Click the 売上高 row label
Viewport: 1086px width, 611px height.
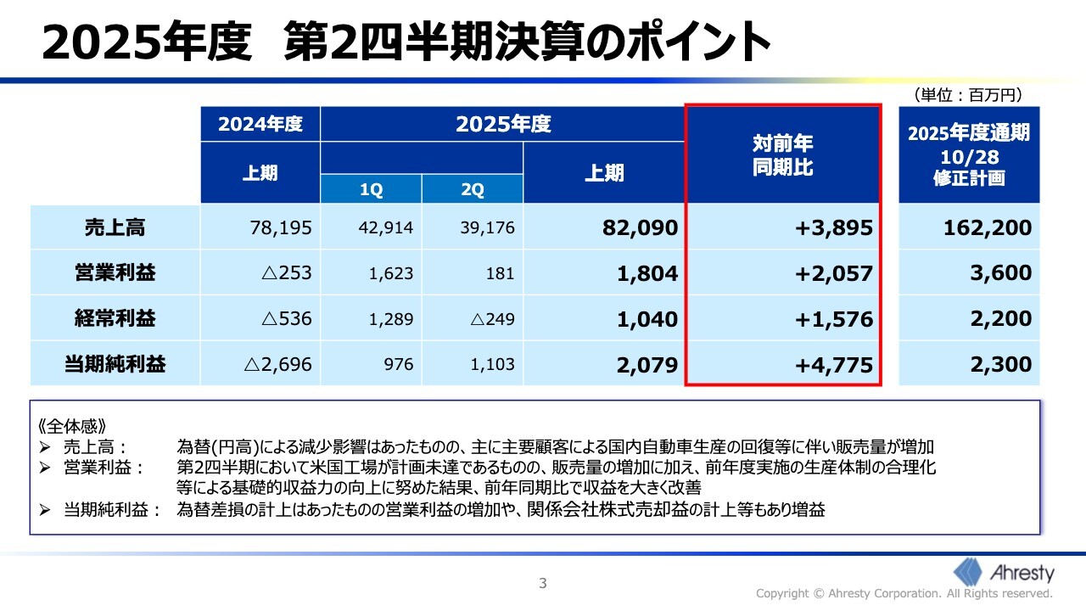(115, 227)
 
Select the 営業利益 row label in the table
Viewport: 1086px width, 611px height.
(115, 273)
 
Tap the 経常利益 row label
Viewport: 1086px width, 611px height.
(115, 319)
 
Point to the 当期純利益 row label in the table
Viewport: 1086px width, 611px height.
(115, 365)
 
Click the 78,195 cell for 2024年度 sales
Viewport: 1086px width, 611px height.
(281, 227)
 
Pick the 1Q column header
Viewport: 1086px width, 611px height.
(371, 190)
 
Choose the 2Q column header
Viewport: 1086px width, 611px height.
(472, 190)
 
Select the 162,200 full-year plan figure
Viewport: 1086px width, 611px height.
(988, 227)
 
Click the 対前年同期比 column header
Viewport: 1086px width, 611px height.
(782, 155)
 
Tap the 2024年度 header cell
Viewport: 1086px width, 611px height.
(260, 124)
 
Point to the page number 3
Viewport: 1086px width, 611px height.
(543, 583)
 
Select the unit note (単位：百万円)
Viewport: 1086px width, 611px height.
(967, 95)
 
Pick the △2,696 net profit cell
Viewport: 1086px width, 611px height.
(277, 365)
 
